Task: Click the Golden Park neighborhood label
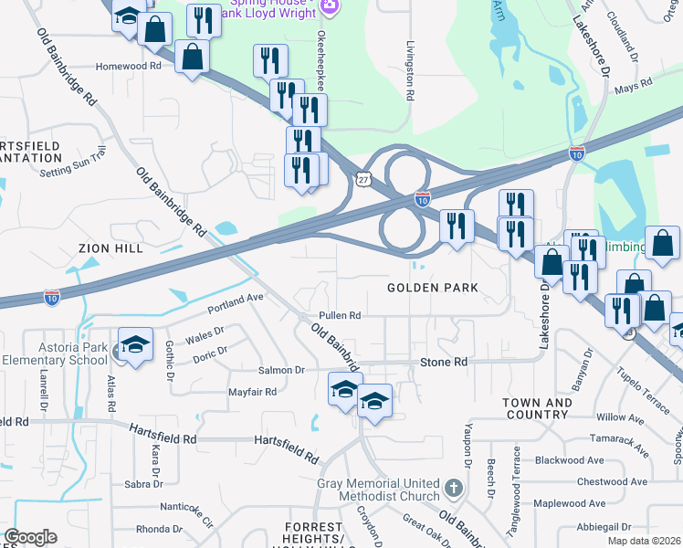click(x=433, y=288)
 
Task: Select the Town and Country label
click(x=536, y=408)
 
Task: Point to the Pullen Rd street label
click(x=340, y=316)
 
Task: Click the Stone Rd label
click(x=444, y=363)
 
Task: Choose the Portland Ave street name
click(x=235, y=298)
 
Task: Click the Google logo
click(x=30, y=537)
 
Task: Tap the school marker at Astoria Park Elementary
click(x=134, y=344)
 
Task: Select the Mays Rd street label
click(x=633, y=85)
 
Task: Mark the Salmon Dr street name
click(x=281, y=370)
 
